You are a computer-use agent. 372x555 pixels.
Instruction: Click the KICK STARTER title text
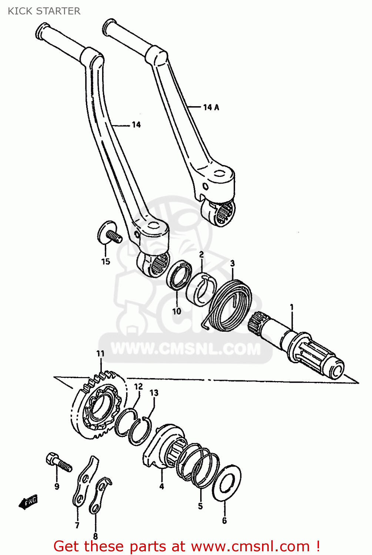click(x=44, y=11)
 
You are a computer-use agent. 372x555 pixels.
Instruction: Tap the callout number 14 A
click(x=211, y=107)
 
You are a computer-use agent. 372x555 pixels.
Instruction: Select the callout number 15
click(x=105, y=262)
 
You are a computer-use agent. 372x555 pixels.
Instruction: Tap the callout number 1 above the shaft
click(x=292, y=307)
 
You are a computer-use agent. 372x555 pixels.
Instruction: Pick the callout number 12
click(x=138, y=387)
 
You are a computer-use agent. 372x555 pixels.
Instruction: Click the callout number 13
click(x=154, y=393)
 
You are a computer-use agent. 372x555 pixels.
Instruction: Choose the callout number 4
click(x=161, y=486)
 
